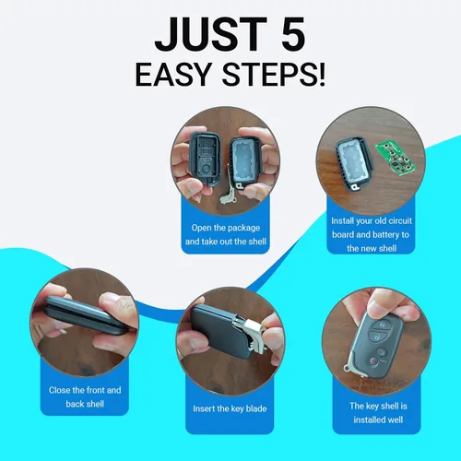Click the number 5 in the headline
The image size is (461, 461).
click(x=293, y=34)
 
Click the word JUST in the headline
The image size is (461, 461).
click(x=211, y=34)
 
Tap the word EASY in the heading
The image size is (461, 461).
click(x=174, y=75)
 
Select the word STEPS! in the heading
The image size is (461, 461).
click(x=273, y=75)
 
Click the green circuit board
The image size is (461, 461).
click(x=396, y=159)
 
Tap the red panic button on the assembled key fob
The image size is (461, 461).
click(x=373, y=361)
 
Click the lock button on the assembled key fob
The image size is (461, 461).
click(x=382, y=325)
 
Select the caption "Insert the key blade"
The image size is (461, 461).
click(x=230, y=408)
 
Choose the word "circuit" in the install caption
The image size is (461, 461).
click(x=400, y=220)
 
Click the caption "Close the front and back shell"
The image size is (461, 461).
click(x=85, y=396)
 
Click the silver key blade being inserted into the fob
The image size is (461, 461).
click(x=250, y=334)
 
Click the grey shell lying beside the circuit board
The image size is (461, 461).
click(x=354, y=163)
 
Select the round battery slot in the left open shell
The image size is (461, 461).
click(x=207, y=169)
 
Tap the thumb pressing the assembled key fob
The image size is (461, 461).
click(x=381, y=304)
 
